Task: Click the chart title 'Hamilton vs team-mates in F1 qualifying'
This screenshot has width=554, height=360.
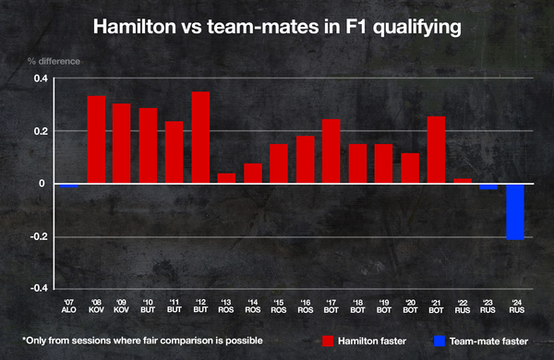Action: pos(277,28)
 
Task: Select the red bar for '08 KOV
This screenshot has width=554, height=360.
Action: pos(96,139)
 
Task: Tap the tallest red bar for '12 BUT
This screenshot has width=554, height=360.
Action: pos(200,138)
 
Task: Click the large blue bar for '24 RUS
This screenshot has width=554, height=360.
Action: pos(514,211)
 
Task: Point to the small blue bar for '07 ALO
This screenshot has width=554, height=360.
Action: pos(69,186)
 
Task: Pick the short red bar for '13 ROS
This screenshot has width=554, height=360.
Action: pos(226,178)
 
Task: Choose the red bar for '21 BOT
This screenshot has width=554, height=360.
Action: pos(436,150)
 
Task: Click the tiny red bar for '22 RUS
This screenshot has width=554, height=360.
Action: pos(462,181)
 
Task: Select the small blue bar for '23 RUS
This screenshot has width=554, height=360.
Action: pos(488,186)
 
